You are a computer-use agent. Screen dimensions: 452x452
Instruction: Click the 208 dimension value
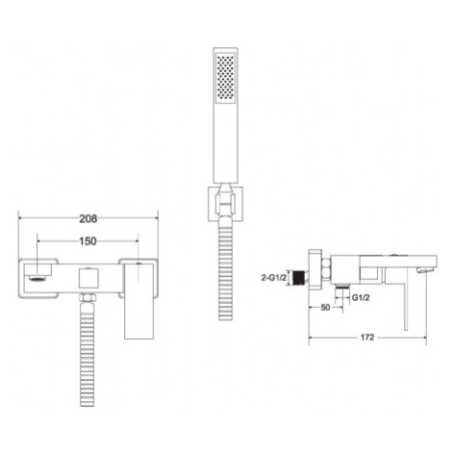(x=88, y=218)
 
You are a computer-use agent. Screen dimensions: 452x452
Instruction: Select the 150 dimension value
(x=88, y=241)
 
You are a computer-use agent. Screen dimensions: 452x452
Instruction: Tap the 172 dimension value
(x=367, y=338)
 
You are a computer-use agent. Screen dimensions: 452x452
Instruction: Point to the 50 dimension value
(x=325, y=307)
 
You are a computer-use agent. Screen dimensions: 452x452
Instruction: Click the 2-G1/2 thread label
(x=273, y=278)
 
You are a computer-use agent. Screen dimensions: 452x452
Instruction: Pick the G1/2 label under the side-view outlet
(x=361, y=298)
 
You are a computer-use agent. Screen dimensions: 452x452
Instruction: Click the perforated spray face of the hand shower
(x=226, y=78)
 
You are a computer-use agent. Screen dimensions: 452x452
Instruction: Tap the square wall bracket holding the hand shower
(x=225, y=204)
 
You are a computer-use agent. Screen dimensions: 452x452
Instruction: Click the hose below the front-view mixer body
(x=87, y=354)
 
